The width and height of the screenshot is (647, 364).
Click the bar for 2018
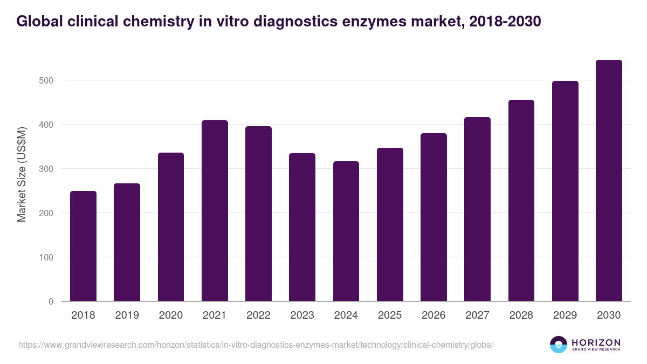tap(83, 246)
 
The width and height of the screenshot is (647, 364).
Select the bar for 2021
tap(215, 211)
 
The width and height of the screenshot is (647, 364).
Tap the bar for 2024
tap(346, 231)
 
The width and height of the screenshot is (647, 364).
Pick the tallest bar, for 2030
tap(609, 181)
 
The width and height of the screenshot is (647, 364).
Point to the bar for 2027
tap(477, 209)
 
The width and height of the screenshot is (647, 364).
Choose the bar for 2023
tap(302, 227)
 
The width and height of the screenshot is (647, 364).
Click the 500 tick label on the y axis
tap(46, 80)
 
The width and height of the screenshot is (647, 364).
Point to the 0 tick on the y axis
tap(51, 301)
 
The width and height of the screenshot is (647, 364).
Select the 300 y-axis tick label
tap(46, 169)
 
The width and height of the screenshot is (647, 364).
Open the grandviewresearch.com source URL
tap(256, 345)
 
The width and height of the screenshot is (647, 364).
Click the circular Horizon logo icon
tap(559, 345)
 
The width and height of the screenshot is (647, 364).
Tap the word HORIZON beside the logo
tap(596, 342)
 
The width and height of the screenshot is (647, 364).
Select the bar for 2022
tap(258, 214)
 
